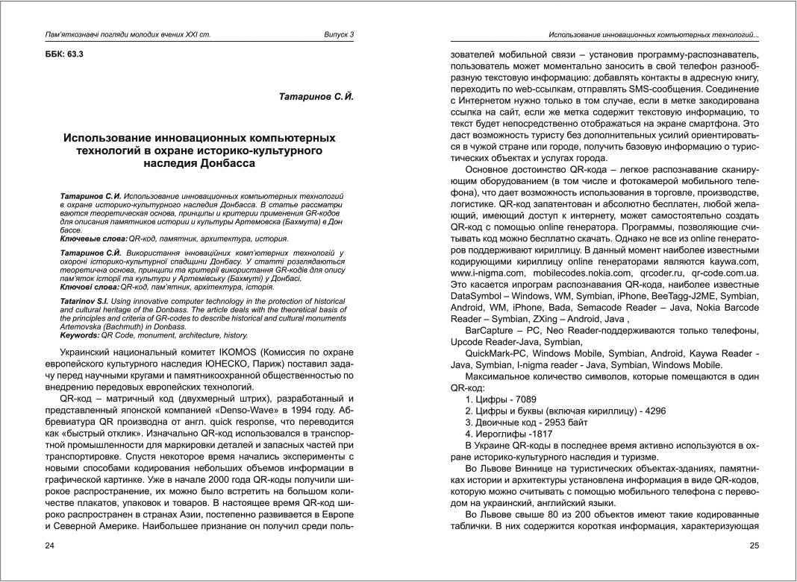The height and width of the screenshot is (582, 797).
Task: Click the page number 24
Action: (50, 546)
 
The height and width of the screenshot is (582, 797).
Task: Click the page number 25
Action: (754, 546)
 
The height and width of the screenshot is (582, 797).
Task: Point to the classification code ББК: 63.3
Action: (65, 54)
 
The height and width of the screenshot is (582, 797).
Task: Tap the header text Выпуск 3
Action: (339, 35)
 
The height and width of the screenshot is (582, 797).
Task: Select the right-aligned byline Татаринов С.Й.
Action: (316, 97)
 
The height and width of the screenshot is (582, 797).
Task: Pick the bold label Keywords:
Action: (80, 335)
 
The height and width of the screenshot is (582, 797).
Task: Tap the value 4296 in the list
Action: (650, 411)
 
